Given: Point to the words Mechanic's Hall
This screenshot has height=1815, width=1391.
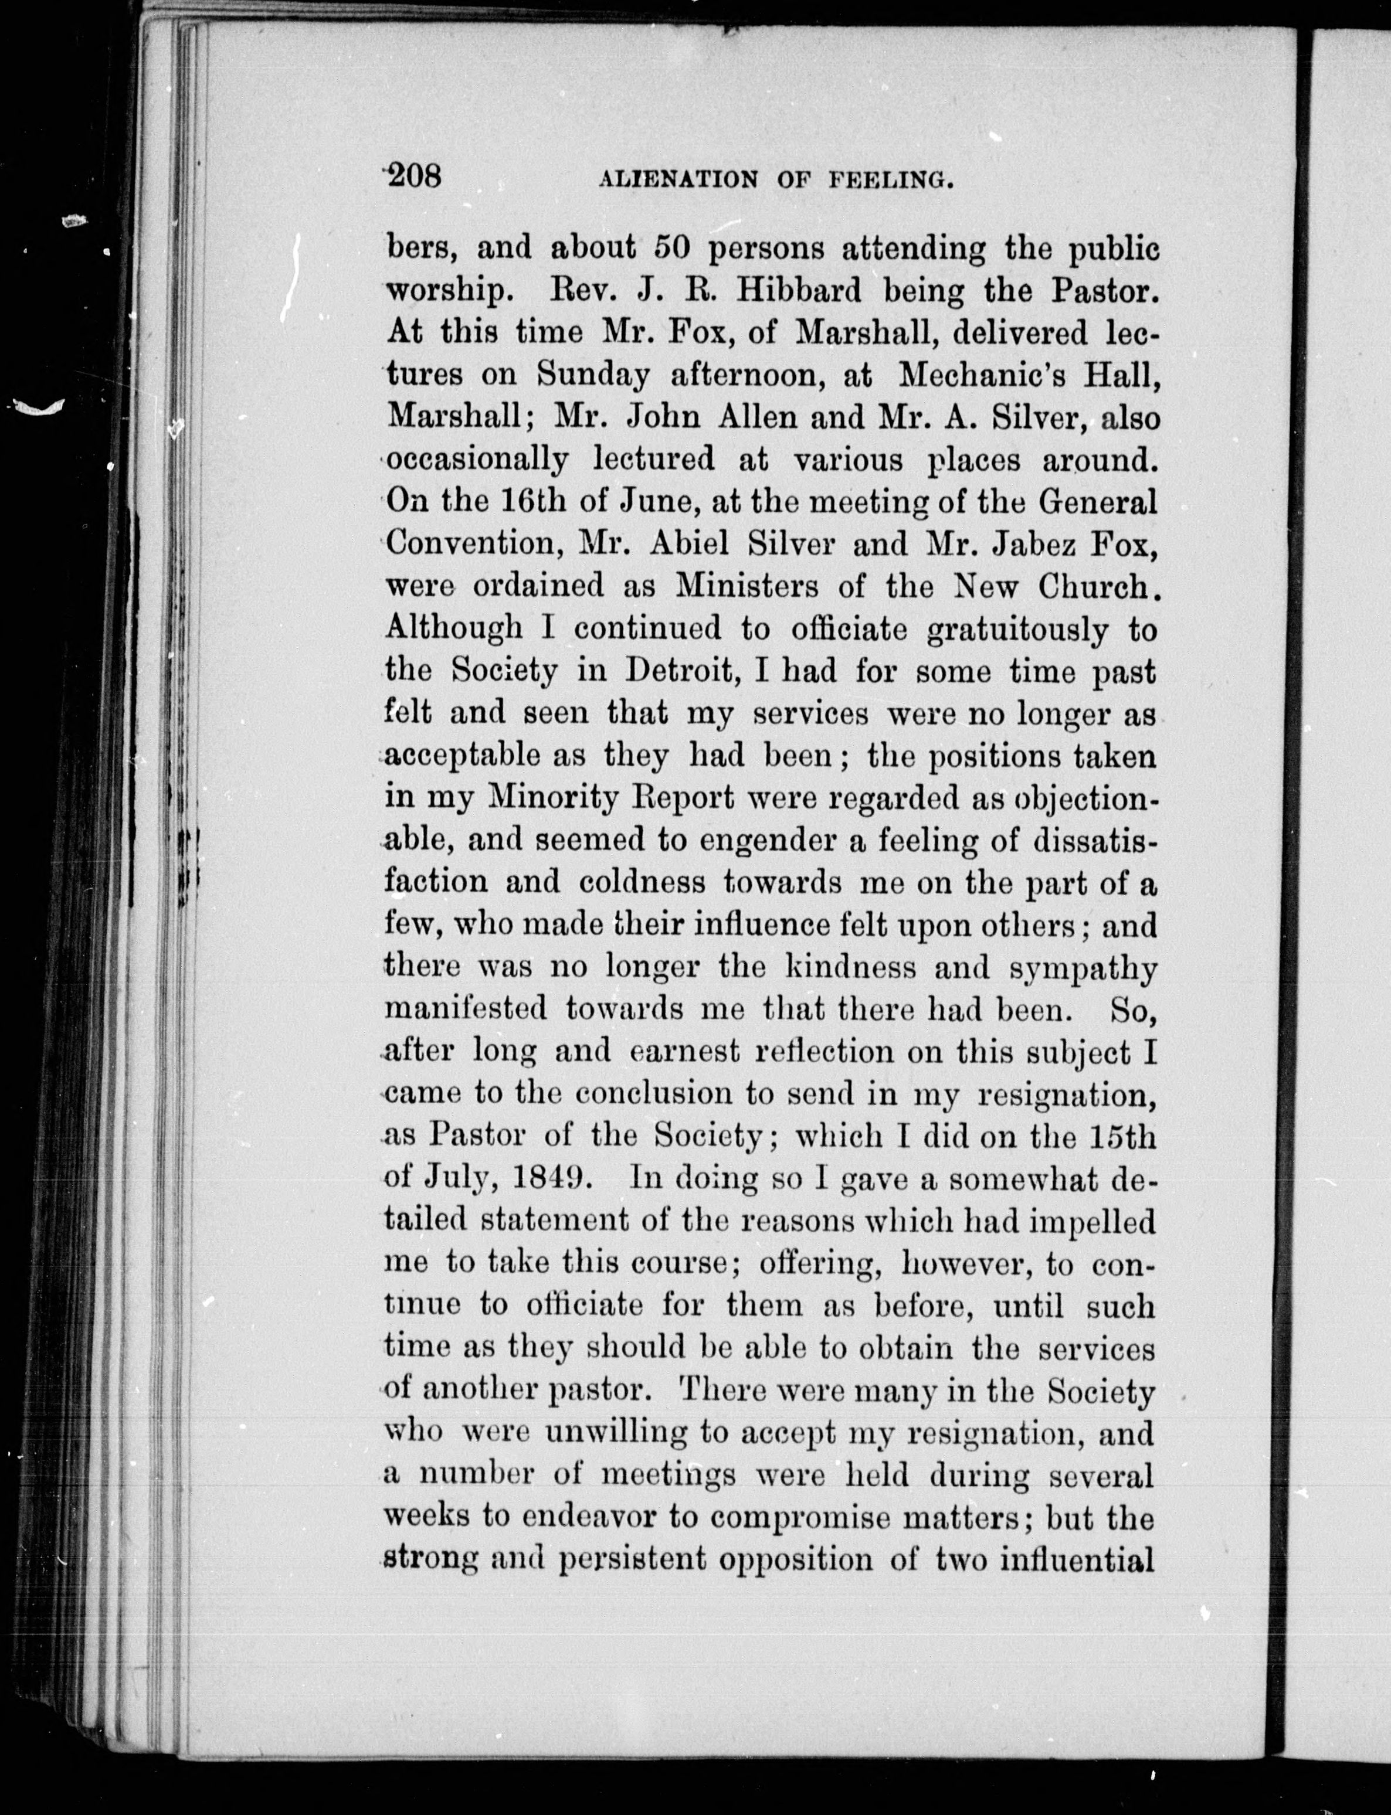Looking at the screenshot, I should [1027, 375].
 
